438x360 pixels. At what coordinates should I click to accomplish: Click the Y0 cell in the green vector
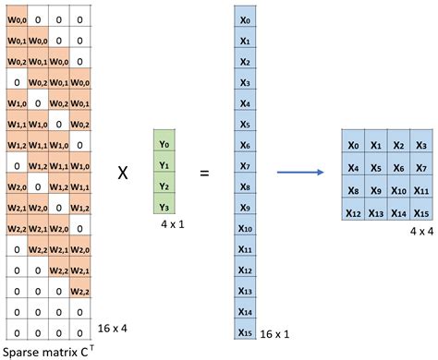coord(164,144)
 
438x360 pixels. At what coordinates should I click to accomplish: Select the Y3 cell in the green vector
coord(164,207)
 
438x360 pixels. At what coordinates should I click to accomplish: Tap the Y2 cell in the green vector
coord(164,186)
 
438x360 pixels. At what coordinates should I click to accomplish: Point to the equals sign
coord(204,173)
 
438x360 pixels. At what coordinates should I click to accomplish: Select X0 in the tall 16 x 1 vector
coord(245,18)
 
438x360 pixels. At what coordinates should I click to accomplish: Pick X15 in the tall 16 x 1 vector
coord(245,333)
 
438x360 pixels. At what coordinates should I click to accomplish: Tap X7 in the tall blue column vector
coord(245,166)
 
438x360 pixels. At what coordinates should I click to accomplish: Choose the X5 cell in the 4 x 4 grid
coord(376,167)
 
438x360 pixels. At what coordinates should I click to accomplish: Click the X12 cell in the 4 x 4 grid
coord(353,211)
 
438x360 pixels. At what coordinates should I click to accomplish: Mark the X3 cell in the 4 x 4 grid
coord(421,145)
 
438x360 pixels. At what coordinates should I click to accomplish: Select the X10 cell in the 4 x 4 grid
coord(399,189)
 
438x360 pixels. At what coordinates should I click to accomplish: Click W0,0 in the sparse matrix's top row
coord(16,19)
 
